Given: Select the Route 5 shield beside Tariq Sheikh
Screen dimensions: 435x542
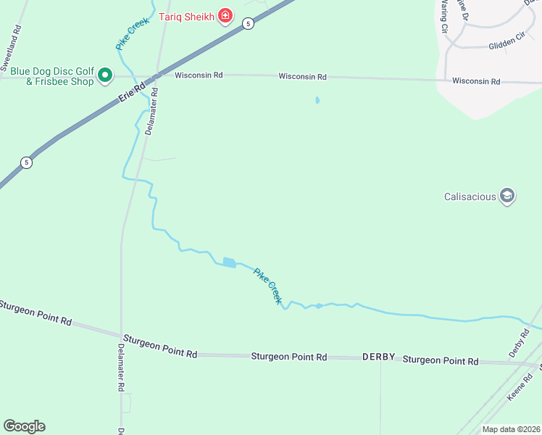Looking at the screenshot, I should (x=249, y=23).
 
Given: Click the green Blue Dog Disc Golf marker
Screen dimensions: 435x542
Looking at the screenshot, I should (x=104, y=75).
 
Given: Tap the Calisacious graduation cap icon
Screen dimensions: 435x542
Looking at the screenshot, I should (x=508, y=196).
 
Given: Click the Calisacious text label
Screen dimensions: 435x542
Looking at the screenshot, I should (x=470, y=196).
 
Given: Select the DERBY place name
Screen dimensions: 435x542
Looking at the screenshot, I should (x=378, y=357).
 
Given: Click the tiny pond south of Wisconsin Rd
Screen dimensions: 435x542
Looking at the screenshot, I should (x=317, y=100).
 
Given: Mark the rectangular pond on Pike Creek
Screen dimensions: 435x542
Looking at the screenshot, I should (x=229, y=262).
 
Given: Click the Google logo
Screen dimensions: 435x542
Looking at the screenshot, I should (x=24, y=426).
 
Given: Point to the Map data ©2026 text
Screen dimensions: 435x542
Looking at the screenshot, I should (x=511, y=429).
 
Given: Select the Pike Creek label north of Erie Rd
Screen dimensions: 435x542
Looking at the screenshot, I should (x=133, y=33).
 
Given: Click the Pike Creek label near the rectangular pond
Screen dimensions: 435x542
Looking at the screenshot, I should (x=267, y=286).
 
